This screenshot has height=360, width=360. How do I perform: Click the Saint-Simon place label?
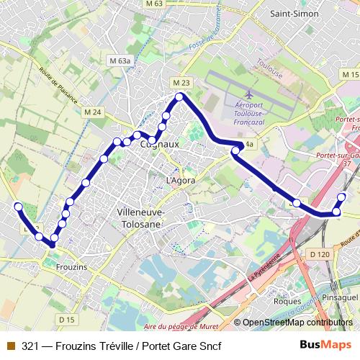pyautogui.click(x=294, y=13)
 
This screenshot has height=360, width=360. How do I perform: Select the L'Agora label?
pyautogui.click(x=180, y=180)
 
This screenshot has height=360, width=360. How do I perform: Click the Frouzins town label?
pyautogui.click(x=71, y=267)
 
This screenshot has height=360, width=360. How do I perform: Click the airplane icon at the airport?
pyautogui.click(x=249, y=94)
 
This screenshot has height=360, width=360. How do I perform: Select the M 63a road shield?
pyautogui.click(x=119, y=61)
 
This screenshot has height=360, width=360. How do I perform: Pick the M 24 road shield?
pyautogui.click(x=92, y=112)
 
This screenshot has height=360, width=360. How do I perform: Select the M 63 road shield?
pyautogui.click(x=154, y=4)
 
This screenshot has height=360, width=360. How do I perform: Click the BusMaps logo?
pyautogui.click(x=325, y=345)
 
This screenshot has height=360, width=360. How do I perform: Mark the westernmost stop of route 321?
pyautogui.click(x=19, y=207)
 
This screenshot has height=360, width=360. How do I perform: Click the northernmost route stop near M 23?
pyautogui.click(x=180, y=96)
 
